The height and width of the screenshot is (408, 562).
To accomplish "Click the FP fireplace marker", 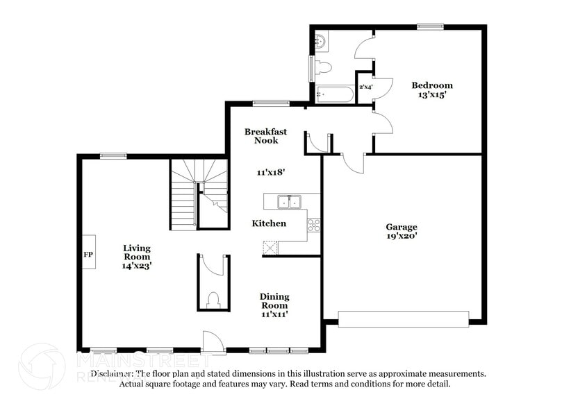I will [x=89, y=255].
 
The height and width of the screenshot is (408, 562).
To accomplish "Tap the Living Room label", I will [x=137, y=252].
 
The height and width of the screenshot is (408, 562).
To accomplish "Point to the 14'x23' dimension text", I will [x=137, y=265].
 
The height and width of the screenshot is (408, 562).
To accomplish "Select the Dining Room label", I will [x=274, y=300].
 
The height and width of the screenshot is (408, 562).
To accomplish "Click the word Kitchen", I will [x=269, y=223].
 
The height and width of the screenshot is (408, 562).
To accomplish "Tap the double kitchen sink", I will [x=289, y=202].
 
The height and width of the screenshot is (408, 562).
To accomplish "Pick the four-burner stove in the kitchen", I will [x=313, y=225].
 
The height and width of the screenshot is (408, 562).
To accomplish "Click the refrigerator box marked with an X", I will [x=270, y=248].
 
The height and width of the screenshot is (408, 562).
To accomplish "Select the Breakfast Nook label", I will [x=261, y=136].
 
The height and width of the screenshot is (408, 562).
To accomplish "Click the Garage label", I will [x=402, y=227].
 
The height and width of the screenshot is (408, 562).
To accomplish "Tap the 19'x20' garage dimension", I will [x=402, y=236].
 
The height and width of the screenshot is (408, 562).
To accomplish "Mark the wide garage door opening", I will [x=404, y=318].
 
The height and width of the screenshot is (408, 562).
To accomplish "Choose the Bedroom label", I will [x=432, y=85].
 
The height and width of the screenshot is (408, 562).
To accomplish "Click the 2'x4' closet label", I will [x=365, y=87].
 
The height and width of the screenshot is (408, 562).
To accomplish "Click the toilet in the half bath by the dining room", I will [x=214, y=299].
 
